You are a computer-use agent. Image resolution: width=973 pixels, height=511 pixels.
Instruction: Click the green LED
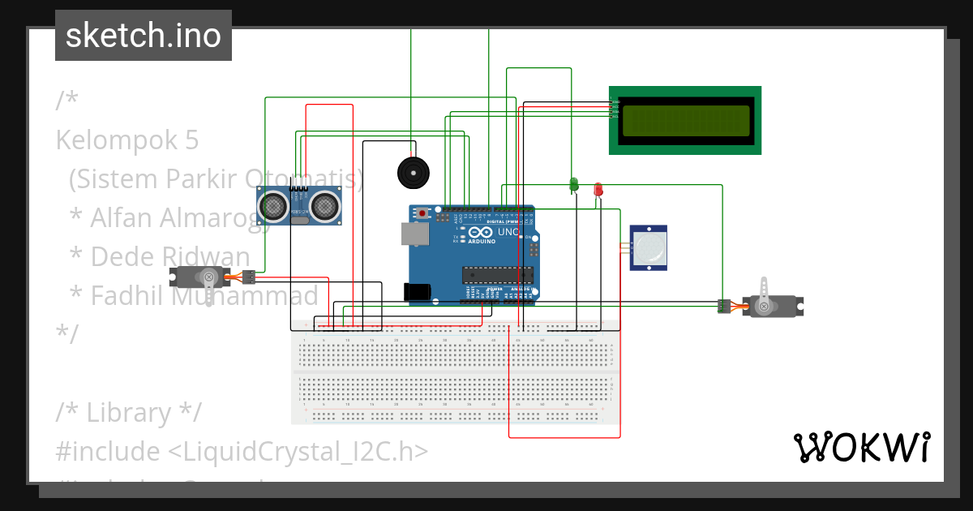tap(574, 185)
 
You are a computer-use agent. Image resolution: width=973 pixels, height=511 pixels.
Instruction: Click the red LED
tap(598, 188)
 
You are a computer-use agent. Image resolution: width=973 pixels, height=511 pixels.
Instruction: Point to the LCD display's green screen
tap(685, 120)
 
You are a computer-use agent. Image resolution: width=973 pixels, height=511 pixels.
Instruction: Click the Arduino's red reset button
tap(422, 213)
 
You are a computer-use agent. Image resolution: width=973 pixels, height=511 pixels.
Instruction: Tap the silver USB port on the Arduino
tap(414, 234)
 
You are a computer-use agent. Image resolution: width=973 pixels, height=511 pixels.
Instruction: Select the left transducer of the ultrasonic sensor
tap(273, 206)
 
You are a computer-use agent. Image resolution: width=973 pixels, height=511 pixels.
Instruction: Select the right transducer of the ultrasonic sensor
tap(326, 206)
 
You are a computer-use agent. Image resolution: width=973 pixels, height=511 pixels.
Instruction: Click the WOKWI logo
tap(861, 447)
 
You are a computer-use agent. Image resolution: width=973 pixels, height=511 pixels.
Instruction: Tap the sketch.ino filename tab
tap(144, 36)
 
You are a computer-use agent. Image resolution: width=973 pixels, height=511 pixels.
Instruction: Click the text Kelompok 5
tap(127, 140)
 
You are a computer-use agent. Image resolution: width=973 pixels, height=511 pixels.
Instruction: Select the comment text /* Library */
tap(128, 412)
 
